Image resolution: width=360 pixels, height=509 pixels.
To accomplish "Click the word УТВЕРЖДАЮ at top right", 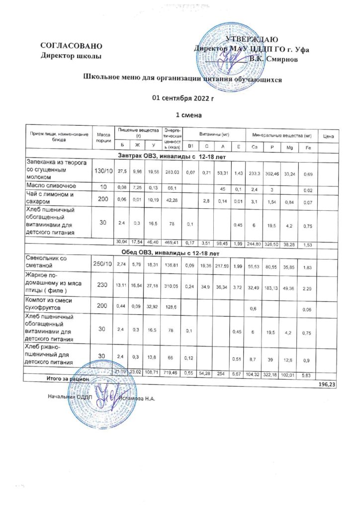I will [252, 39].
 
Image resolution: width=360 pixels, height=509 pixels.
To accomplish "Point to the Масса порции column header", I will [103, 137].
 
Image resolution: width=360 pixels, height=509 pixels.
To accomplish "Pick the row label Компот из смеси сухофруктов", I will [54, 304].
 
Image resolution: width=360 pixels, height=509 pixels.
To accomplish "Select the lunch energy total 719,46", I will [174, 372].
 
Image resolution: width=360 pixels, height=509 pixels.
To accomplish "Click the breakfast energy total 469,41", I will [174, 242].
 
